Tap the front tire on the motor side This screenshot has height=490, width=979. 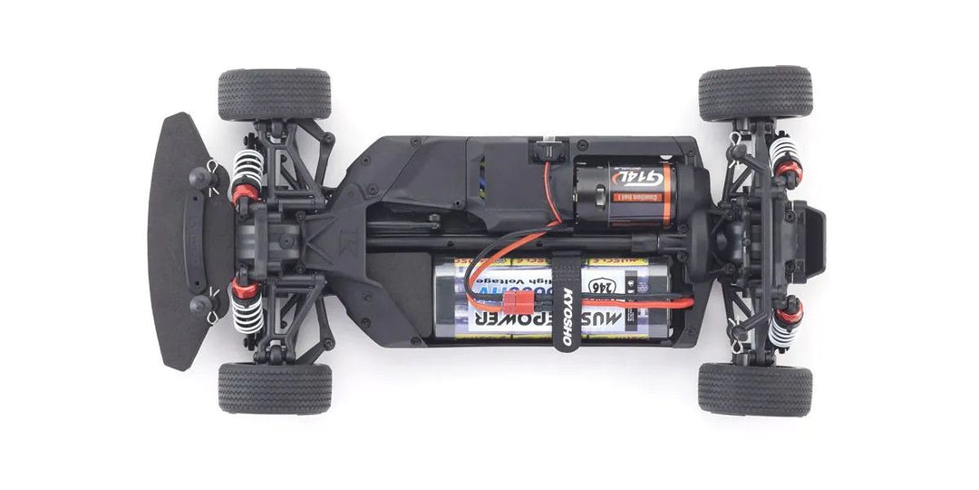click(x=274, y=93)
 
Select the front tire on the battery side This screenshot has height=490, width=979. click(x=274, y=388)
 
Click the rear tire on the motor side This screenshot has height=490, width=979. click(x=755, y=93)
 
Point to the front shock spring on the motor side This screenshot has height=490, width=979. click(x=248, y=171)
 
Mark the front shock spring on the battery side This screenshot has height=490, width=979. click(x=248, y=312)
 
